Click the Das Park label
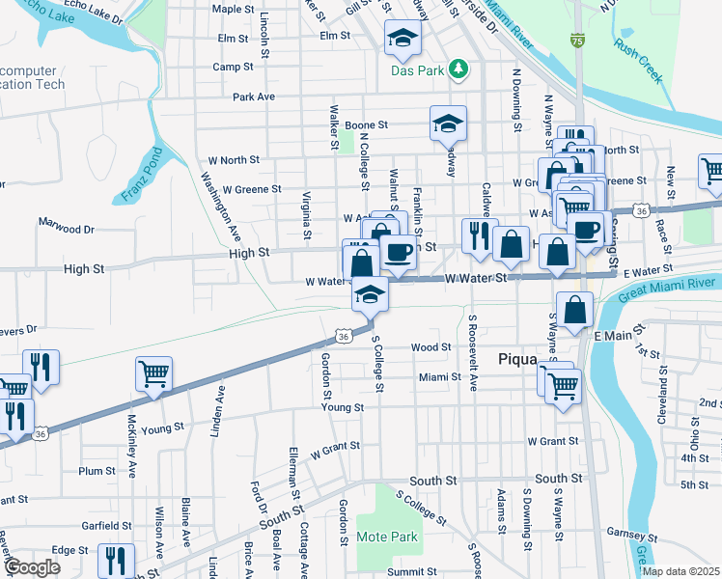(417, 70)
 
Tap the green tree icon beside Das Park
(459, 69)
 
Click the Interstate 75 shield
(577, 41)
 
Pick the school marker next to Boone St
(448, 124)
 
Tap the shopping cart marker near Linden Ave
(154, 374)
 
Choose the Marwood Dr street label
(67, 230)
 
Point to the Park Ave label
(254, 96)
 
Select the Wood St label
(430, 346)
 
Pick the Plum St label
(97, 471)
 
